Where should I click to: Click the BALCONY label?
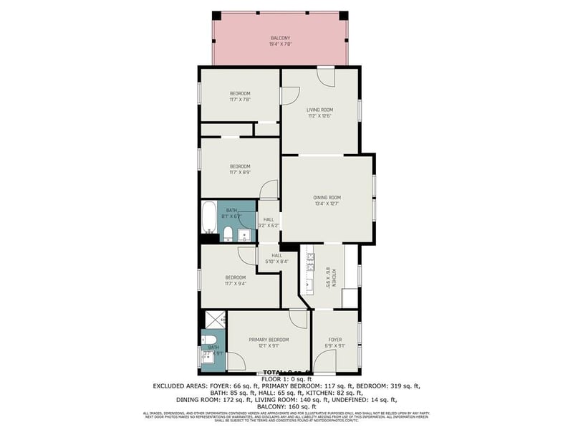pyautogui.click(x=280, y=38)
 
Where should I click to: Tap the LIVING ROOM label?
pyautogui.click(x=319, y=110)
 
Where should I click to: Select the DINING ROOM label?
pyautogui.click(x=327, y=197)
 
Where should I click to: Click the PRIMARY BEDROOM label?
pyautogui.click(x=269, y=339)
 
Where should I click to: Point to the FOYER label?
pyautogui.click(x=334, y=339)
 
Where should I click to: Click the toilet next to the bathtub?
pyautogui.click(x=227, y=233)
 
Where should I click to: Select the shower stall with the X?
pyautogui.click(x=214, y=319)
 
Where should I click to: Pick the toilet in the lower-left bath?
pyautogui.click(x=210, y=340)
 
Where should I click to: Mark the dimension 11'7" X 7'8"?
pyautogui.click(x=240, y=100)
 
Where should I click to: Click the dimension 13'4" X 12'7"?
pyautogui.click(x=327, y=204)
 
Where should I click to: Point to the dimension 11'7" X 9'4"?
pyautogui.click(x=236, y=284)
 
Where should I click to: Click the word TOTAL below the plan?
pyautogui.click(x=275, y=373)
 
